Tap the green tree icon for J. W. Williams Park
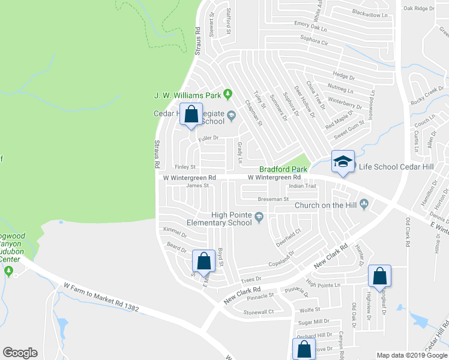(228, 94)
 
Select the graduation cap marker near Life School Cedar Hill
(343, 162)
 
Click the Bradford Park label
(283, 170)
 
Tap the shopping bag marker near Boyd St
(204, 261)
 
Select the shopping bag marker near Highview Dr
(379, 276)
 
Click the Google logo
(20, 353)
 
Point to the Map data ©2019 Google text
(412, 355)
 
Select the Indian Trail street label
(302, 186)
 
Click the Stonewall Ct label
(259, 312)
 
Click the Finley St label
(185, 167)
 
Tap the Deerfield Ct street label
(288, 235)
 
